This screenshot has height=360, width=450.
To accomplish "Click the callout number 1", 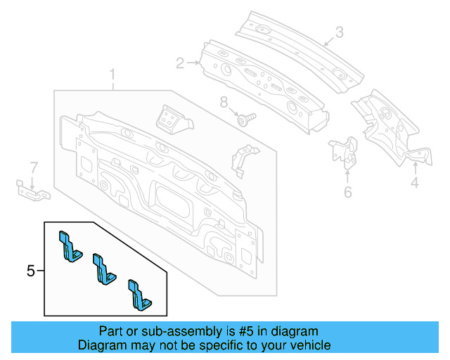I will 112,74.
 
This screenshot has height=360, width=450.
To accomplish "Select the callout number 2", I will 180,63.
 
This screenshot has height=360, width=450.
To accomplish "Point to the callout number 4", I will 415,184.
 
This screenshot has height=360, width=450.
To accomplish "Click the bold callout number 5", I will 30,270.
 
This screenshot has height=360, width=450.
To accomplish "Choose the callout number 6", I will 347,192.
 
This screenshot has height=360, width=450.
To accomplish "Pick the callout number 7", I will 32,167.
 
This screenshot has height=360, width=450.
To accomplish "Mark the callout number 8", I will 224,103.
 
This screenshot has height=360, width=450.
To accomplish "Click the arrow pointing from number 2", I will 194,63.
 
